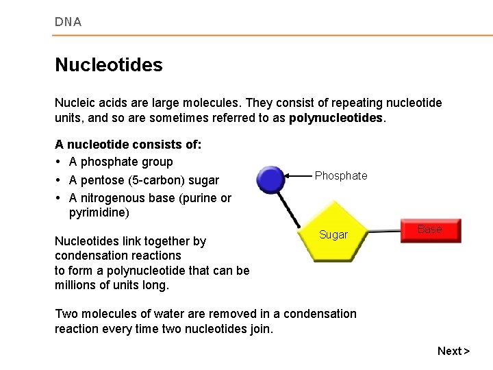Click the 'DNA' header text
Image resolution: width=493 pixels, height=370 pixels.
pyautogui.click(x=68, y=22)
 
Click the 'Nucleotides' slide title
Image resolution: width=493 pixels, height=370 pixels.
pyautogui.click(x=108, y=65)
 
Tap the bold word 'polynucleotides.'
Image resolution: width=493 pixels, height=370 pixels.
pyautogui.click(x=338, y=118)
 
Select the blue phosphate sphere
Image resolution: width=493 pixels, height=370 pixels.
pyautogui.click(x=270, y=180)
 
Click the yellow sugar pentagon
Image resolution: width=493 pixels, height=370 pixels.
pyautogui.click(x=333, y=232)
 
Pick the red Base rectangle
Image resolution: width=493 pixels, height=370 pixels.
pyautogui.click(x=429, y=230)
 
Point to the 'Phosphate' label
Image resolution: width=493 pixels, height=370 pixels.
pyautogui.click(x=341, y=176)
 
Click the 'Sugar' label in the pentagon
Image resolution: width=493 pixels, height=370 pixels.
pyautogui.click(x=333, y=235)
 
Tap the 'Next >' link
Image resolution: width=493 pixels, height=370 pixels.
pyautogui.click(x=453, y=351)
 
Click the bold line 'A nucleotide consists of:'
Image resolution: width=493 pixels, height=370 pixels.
pyautogui.click(x=127, y=145)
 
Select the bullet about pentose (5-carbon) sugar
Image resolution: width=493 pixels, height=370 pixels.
pyautogui.click(x=144, y=180)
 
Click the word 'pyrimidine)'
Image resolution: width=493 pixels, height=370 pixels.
pyautogui.click(x=99, y=213)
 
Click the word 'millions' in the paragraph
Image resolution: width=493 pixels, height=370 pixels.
pyautogui.click(x=76, y=284)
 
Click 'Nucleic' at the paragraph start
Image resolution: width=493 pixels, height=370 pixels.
pyautogui.click(x=74, y=103)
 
